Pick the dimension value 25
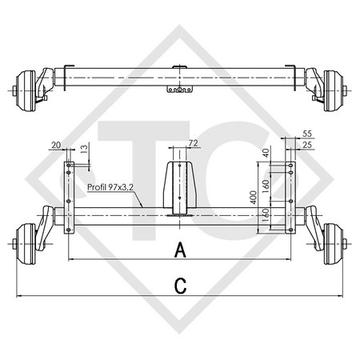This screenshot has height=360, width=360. point(309,145)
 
